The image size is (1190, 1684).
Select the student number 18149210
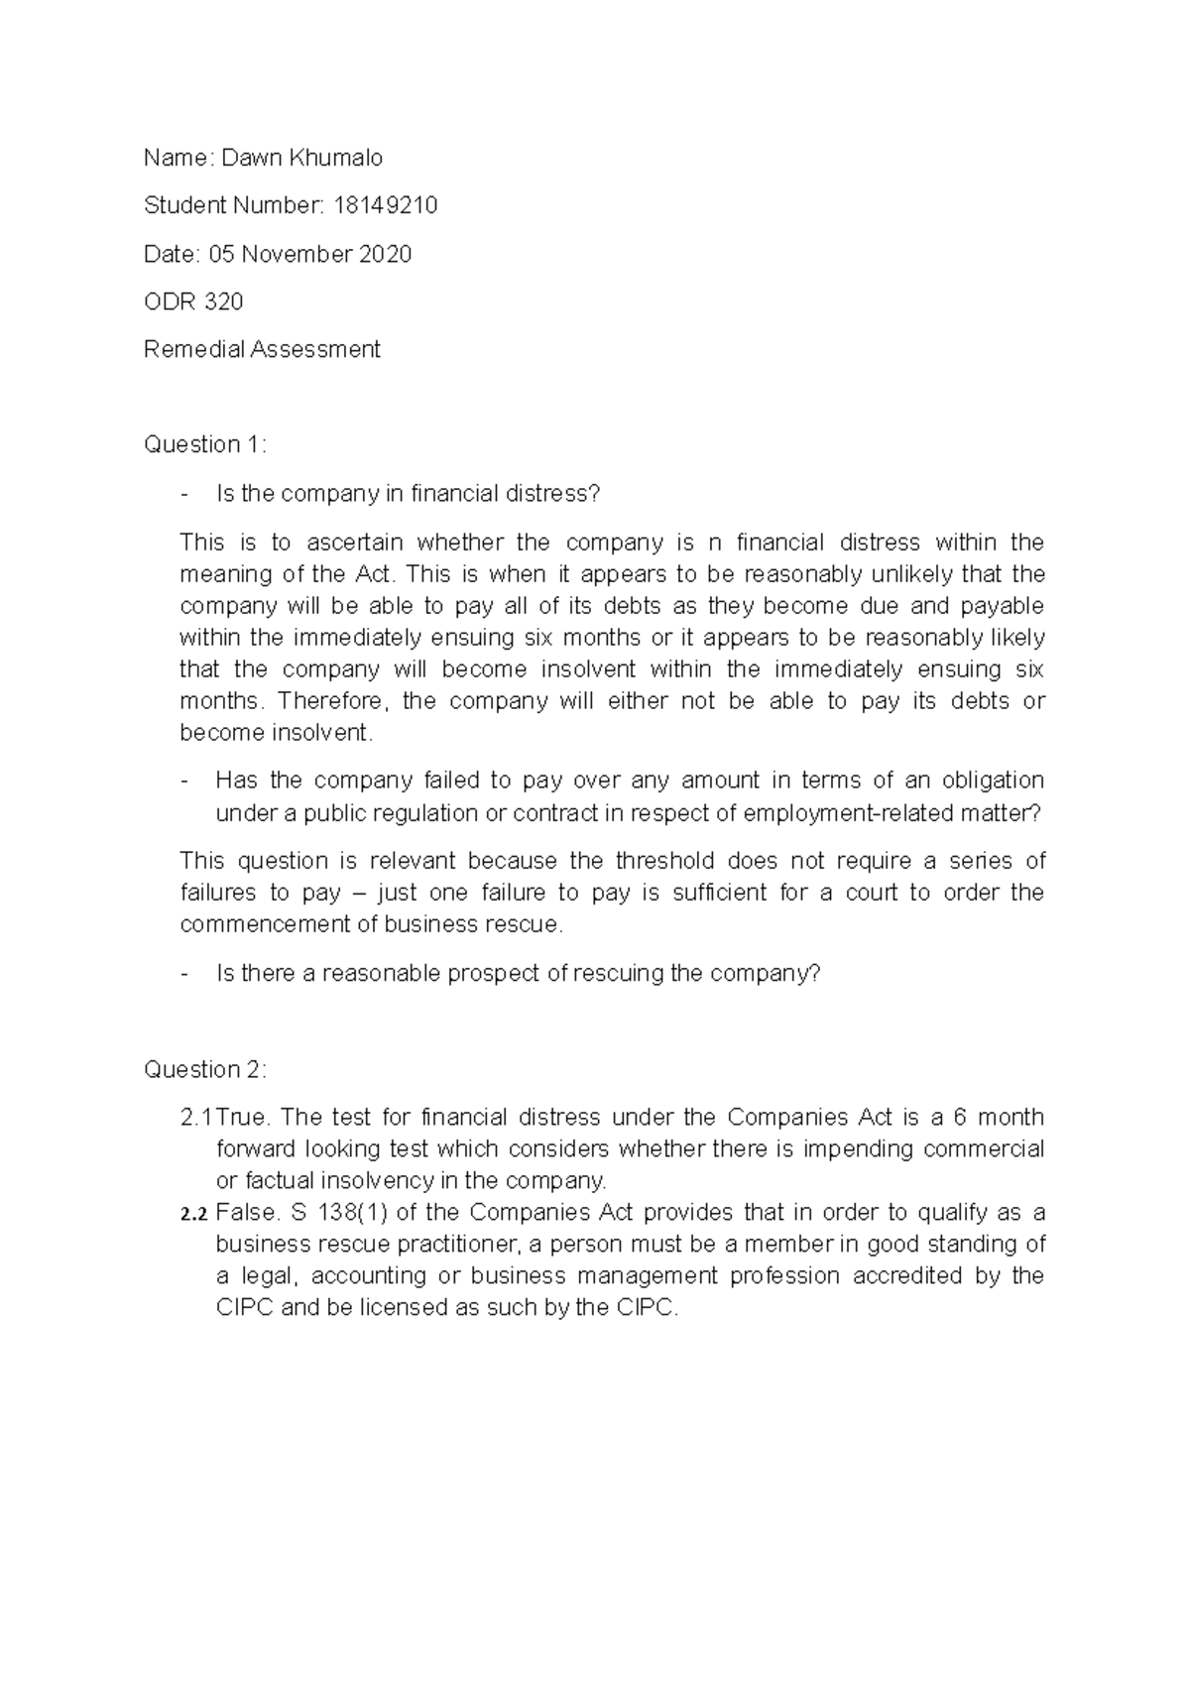386,205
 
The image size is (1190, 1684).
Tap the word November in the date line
297,254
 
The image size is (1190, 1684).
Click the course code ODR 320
193,301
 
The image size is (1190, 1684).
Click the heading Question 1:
205,444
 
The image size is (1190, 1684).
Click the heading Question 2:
205,1069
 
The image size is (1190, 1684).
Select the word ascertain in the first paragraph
355,542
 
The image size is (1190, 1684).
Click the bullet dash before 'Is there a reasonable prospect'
184,974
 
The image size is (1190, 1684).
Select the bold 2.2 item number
193,1213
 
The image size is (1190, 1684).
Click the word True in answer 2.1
242,1118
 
